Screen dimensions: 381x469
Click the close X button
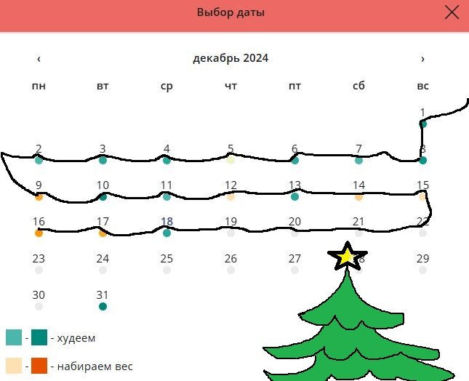[x=452, y=12]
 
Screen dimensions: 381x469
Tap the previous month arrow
[x=39, y=59]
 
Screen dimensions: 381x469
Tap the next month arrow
[x=422, y=59]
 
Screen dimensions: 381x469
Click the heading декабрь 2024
[x=231, y=58]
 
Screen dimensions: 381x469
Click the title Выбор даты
[x=231, y=12]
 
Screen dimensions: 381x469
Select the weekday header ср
[x=167, y=86]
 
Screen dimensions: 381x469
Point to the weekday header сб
[x=358, y=86]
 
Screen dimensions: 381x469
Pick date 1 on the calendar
[x=422, y=113]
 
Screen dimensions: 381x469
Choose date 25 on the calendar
[x=167, y=258]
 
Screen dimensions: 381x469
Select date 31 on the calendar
[x=103, y=294]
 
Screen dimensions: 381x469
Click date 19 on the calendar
[x=231, y=222]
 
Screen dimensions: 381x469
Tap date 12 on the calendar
[x=231, y=185]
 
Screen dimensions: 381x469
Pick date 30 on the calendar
[x=39, y=294]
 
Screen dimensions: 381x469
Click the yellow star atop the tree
[x=346, y=255]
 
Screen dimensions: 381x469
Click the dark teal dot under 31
[x=103, y=306]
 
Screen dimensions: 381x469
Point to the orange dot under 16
[x=39, y=233]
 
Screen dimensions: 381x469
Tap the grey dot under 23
[x=39, y=270]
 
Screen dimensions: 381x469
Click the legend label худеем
[x=76, y=338]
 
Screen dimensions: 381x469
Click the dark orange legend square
[x=39, y=366]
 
